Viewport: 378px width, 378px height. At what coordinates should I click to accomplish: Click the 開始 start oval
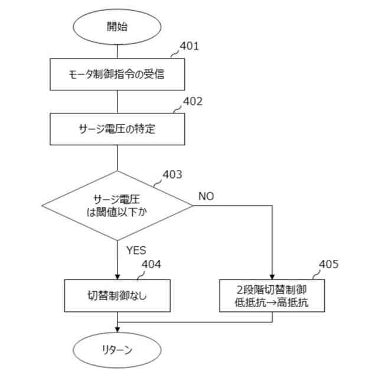pos(117,26)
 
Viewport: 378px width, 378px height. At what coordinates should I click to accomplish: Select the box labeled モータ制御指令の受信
pos(117,74)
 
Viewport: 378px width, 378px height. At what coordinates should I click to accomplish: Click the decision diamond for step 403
pos(117,206)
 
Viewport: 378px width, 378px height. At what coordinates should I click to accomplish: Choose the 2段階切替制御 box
pos(272,295)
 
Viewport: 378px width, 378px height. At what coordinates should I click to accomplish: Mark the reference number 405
pos(328,264)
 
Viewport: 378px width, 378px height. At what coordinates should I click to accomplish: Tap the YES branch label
pos(136,250)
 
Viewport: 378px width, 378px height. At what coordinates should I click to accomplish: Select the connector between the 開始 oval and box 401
pos(117,50)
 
